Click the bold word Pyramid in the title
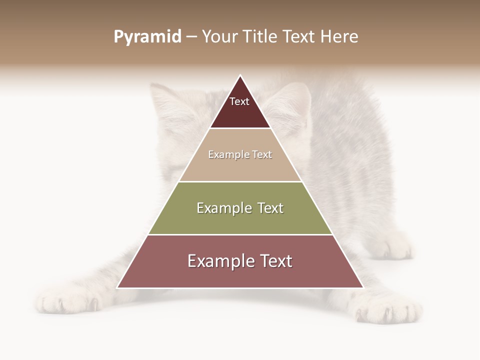tap(147, 36)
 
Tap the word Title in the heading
tap(260, 36)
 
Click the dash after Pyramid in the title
tap(191, 37)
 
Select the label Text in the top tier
tap(239, 101)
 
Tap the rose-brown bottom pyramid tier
tap(240, 275)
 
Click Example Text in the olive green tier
tap(240, 208)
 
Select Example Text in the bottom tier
tap(240, 261)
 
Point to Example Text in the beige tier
tap(240, 154)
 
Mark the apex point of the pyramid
tap(240, 75)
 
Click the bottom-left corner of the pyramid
tap(117, 287)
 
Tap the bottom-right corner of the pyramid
tap(363, 287)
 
